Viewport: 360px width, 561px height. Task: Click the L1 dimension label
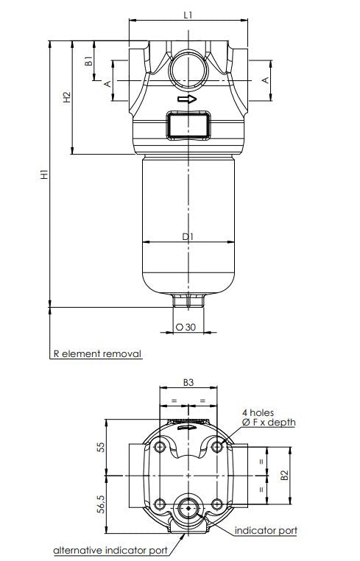188,14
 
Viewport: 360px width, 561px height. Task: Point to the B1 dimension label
88,62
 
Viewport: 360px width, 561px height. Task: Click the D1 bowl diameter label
188,236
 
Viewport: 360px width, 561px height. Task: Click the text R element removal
96,353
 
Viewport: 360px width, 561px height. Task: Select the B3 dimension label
188,383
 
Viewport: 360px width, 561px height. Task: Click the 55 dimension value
102,448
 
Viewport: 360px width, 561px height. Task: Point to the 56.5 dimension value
102,507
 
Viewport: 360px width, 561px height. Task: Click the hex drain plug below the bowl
188,300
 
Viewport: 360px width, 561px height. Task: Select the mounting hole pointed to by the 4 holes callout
216,447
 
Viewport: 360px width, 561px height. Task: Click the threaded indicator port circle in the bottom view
188,507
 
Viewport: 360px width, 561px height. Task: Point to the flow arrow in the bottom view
188,426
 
